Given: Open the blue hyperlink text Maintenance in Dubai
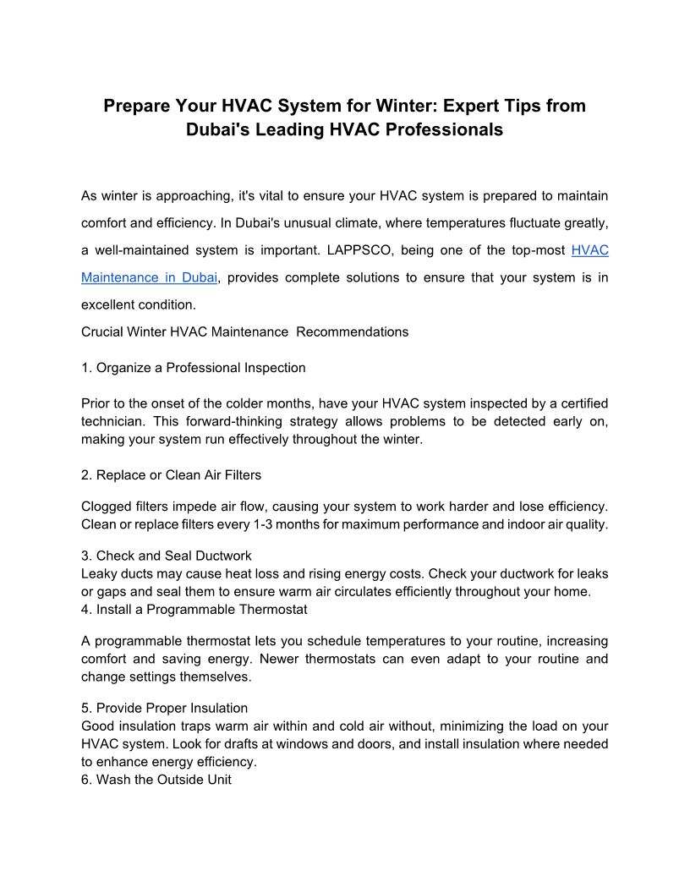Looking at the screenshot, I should pyautogui.click(x=150, y=277).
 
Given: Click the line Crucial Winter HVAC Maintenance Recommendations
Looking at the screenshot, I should pyautogui.click(x=244, y=331).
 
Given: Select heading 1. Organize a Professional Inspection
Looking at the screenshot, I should pyautogui.click(x=194, y=368).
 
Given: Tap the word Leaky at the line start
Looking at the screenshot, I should pyautogui.click(x=98, y=573).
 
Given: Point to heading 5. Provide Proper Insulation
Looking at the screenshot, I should pyautogui.click(x=165, y=708).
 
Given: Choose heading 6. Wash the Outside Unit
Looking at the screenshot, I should pyautogui.click(x=156, y=780).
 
